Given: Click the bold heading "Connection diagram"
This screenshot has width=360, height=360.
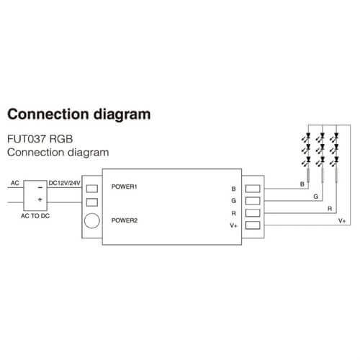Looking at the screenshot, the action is coord(79,114).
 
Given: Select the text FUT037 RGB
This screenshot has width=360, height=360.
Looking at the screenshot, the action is coord(40,139).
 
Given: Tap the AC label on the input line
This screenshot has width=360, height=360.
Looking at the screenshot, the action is coord(15,183).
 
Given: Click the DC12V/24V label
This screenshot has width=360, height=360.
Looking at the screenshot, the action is coord(64,183).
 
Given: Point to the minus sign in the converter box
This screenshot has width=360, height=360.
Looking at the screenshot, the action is coord(40,187).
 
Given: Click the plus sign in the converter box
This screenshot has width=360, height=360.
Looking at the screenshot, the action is coord(40,199).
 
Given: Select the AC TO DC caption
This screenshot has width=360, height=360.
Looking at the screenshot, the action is coord(35,216).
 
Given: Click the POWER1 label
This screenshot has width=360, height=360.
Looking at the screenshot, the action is coord(124,186).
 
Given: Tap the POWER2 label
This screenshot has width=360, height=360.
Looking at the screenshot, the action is coord(125,220).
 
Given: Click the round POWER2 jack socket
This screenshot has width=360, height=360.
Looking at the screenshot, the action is coord(92,220).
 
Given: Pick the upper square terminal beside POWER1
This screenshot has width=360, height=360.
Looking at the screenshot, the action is coord(92,189).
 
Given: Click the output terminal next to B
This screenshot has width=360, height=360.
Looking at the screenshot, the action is coord(253,189).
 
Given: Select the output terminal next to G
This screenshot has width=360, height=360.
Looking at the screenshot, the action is coord(253,201).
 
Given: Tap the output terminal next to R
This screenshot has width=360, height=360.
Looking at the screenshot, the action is coord(253,213).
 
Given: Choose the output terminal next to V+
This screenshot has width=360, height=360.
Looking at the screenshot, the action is coord(253,225).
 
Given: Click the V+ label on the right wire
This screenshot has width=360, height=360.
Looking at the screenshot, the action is coord(342,220).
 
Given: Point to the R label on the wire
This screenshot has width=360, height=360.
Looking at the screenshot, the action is coord(330,209).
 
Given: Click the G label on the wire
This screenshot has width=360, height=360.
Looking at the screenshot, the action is coord(316,197).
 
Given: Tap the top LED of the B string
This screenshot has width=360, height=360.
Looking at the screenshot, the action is coord(307,138).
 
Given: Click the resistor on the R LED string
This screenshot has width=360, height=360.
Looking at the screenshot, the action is coord(336,174).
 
